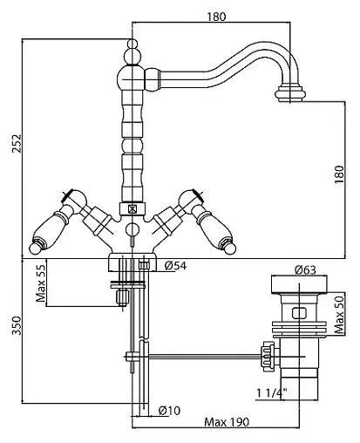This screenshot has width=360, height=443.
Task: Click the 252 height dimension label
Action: tap(17, 143)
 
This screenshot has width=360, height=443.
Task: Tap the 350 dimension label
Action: tap(17, 325)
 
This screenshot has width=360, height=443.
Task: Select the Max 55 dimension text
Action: tap(41, 283)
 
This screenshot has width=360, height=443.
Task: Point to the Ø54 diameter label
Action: tap(175, 265)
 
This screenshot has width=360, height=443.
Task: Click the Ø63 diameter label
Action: tap(305, 270)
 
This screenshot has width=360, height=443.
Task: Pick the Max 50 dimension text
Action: tap(339, 313)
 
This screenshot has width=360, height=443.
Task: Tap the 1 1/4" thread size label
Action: tap(272, 393)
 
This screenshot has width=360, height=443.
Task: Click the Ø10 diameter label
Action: tap(169, 411)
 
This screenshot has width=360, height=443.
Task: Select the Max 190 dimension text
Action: tap(227, 422)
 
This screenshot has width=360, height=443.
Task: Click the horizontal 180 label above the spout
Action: tap(216, 17)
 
